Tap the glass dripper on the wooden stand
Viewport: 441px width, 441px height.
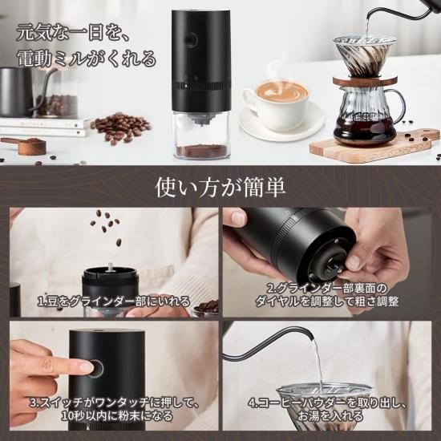pos(365,55)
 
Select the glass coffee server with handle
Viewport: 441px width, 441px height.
pos(369,116)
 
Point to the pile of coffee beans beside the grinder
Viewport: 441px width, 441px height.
pos(121,128)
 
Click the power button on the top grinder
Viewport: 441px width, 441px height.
pos(191,40)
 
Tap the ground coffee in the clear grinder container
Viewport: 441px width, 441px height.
pos(201,150)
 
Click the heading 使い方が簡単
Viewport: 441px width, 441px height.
pos(220,187)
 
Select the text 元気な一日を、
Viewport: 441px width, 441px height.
pos(73,33)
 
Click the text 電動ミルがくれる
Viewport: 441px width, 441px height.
pos(86,59)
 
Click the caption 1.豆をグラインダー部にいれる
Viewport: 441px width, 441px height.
pos(114,301)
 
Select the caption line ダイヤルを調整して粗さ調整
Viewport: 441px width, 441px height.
pos(326,301)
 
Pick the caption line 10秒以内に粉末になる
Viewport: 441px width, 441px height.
pos(117,415)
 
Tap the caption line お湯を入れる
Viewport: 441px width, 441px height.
pos(330,415)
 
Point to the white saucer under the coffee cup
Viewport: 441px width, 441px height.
pos(281,123)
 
